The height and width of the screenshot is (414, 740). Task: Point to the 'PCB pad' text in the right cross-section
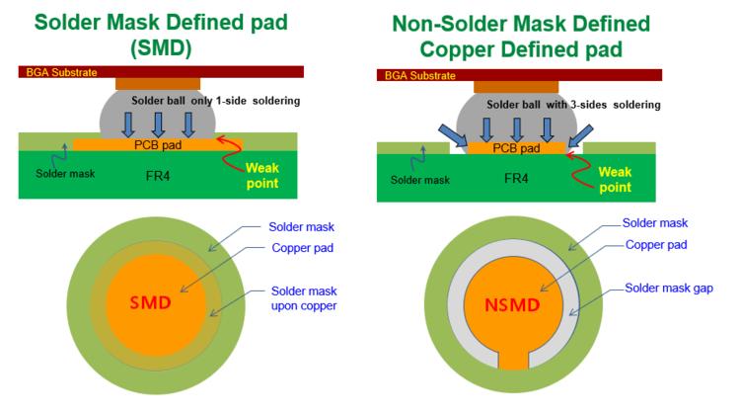[x=517, y=148]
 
